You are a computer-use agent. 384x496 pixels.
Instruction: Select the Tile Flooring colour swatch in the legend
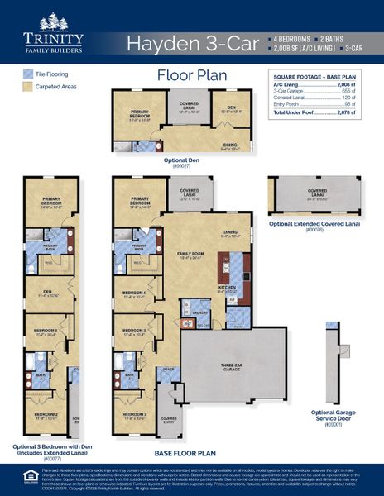tap(28, 74)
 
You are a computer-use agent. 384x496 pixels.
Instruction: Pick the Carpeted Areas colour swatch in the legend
tap(28, 86)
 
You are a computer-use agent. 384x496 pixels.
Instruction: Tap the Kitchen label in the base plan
tap(227, 289)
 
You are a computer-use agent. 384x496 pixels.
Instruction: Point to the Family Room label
tap(191, 254)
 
